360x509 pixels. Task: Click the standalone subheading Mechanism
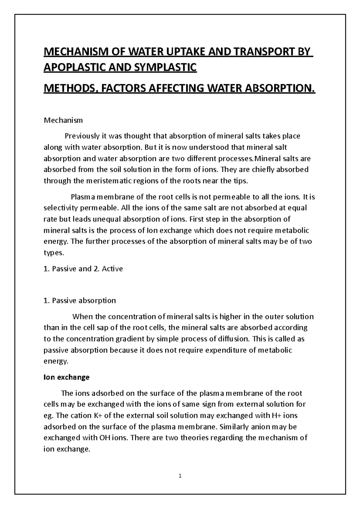click(63, 121)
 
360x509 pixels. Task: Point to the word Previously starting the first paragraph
click(82, 136)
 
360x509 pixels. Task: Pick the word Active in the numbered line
click(112, 269)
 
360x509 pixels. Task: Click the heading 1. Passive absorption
click(79, 300)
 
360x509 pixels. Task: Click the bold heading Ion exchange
click(67, 377)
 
